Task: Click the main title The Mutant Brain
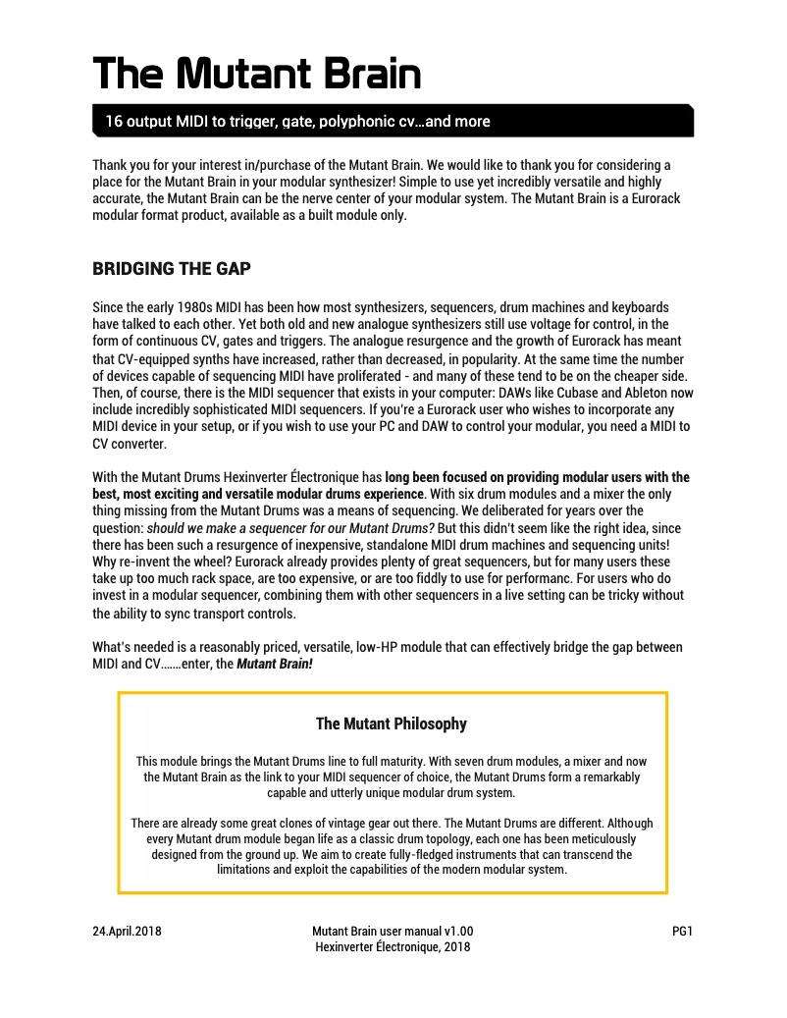pyautogui.click(x=256, y=73)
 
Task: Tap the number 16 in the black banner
pyautogui.click(x=114, y=122)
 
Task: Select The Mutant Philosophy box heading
pyautogui.click(x=392, y=724)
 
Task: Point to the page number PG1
pyautogui.click(x=683, y=932)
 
